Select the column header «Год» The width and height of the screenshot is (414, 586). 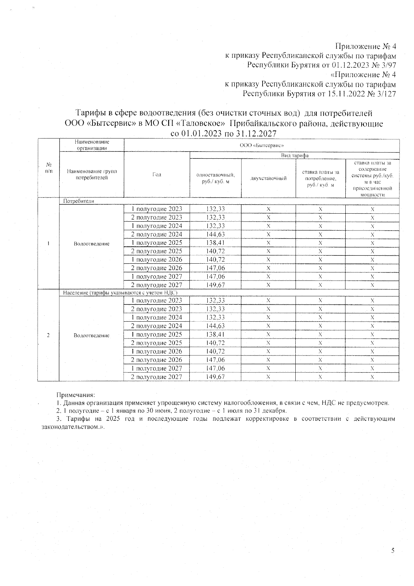pos(157,175)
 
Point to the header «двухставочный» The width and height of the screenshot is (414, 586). pos(268,178)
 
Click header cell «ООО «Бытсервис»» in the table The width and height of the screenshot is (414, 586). pos(261,146)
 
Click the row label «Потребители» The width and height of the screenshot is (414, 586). pos(78,201)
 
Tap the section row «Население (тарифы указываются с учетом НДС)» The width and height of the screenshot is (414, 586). pos(120,293)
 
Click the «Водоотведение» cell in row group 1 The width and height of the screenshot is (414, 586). pos(91,244)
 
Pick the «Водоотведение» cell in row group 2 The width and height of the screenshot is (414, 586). pos(91,335)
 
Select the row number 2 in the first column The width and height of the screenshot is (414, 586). pos(48,335)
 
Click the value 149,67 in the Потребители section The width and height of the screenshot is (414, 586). pos(216,285)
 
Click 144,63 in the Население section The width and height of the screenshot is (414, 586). pos(216,326)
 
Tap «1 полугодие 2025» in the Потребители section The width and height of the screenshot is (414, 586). pos(156,243)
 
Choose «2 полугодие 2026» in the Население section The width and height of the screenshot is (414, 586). pos(156,360)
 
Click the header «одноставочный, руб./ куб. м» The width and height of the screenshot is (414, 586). pos(216,178)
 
